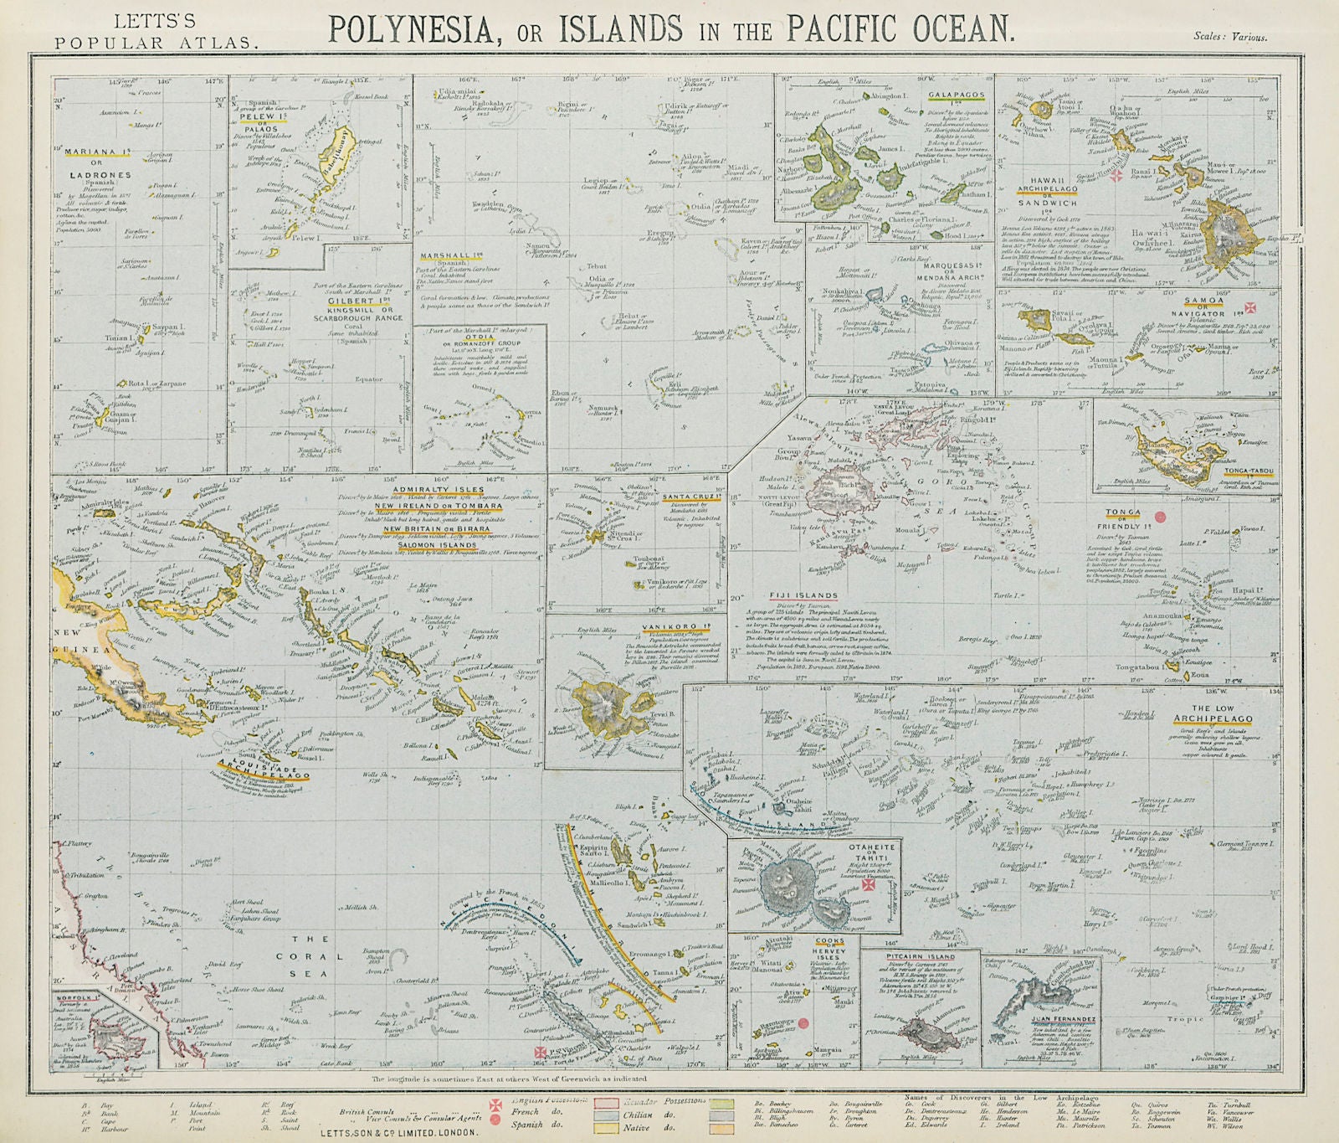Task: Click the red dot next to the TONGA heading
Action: pyautogui.click(x=1161, y=517)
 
